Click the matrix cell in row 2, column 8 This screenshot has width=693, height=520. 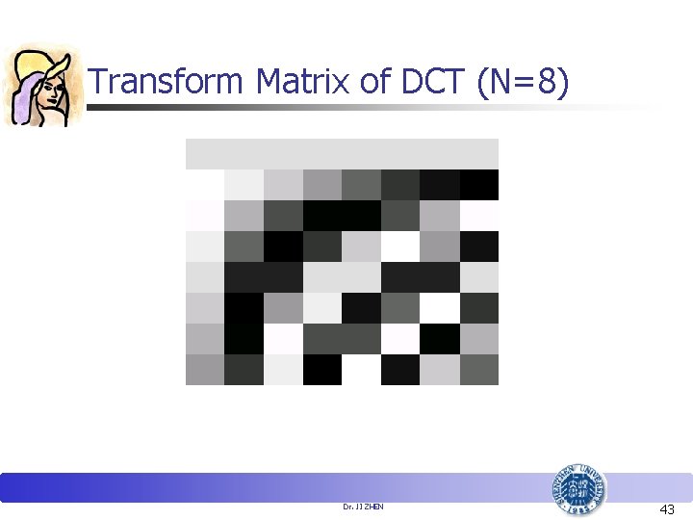point(479,184)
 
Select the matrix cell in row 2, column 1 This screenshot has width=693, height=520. point(205,184)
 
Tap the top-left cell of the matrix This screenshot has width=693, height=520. point(205,153)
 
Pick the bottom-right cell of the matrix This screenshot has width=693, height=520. point(479,369)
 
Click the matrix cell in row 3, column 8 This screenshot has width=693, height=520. point(479,215)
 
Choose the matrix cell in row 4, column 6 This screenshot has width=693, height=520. point(400,246)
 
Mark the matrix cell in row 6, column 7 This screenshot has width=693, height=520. point(440,307)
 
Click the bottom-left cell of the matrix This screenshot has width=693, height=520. point(205,369)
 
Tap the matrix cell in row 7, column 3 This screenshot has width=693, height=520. point(283,338)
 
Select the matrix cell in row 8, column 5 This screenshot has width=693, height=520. point(362,369)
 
